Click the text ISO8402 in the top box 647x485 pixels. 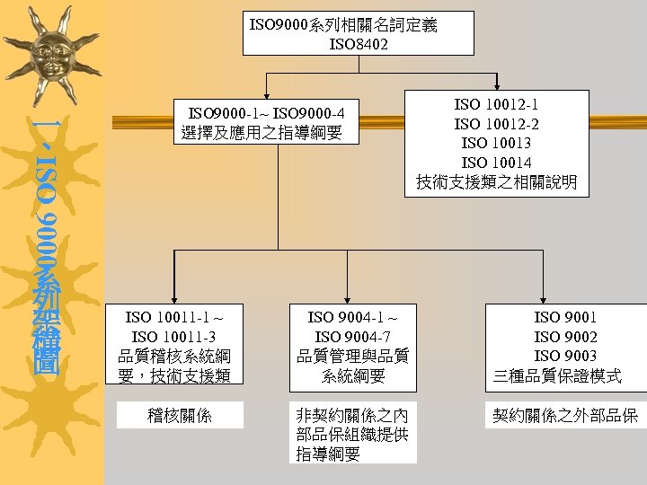coord(359,43)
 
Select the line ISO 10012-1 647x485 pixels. coord(496,104)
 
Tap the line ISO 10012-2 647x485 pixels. coord(496,124)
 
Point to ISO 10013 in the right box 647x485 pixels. coord(496,144)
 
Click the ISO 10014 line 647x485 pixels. coord(496,163)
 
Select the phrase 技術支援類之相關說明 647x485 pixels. coord(496,183)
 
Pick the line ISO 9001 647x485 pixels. coord(565,316)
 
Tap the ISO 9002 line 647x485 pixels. coord(565,336)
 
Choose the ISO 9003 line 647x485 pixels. coord(565,356)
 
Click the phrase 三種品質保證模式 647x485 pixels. coord(558,376)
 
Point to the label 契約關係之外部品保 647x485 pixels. coord(565,416)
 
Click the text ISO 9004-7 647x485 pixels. coord(352,336)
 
